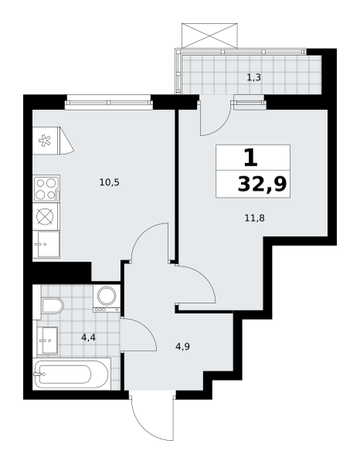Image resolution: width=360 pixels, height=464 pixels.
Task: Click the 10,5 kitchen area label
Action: coord(110,183)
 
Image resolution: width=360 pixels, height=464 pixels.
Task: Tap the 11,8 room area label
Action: coord(254,218)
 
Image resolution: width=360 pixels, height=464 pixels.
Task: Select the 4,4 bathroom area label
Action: coord(88,337)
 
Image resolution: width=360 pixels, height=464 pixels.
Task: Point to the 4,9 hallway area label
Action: coord(182,346)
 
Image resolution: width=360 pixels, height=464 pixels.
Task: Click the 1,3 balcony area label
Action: coord(253,77)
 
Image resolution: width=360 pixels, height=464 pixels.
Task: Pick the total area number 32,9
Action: coord(262,184)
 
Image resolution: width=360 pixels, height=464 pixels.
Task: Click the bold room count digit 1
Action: coord(251,158)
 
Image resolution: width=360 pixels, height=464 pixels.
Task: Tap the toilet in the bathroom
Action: coord(52,305)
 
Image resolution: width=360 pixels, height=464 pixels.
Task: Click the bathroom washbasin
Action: coord(47,340)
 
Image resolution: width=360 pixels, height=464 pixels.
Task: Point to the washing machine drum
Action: coord(107,295)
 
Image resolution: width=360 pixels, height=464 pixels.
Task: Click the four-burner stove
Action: coord(46,189)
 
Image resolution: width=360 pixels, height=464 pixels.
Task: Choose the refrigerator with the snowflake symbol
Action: coord(53,141)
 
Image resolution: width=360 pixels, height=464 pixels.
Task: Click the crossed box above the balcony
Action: coord(209,36)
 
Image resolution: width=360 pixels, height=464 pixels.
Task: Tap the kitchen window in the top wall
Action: coord(109,102)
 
